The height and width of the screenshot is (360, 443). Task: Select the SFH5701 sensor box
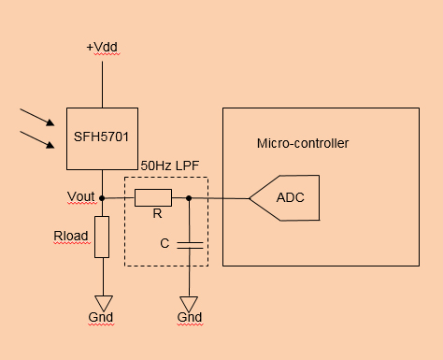coord(101,138)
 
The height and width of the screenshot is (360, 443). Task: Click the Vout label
coord(81,196)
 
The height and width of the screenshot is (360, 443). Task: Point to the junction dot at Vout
coord(102,197)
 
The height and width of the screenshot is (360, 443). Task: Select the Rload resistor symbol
coord(102,237)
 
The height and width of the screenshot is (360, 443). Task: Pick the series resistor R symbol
coord(153,197)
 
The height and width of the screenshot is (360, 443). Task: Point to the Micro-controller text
coord(302,143)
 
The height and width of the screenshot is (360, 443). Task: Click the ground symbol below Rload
coord(102,302)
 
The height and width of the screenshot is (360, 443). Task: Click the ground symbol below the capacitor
coord(189,304)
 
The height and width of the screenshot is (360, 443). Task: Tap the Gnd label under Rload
coord(101,318)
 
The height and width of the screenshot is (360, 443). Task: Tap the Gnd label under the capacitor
coord(189,318)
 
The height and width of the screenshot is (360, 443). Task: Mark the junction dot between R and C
coord(189,197)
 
